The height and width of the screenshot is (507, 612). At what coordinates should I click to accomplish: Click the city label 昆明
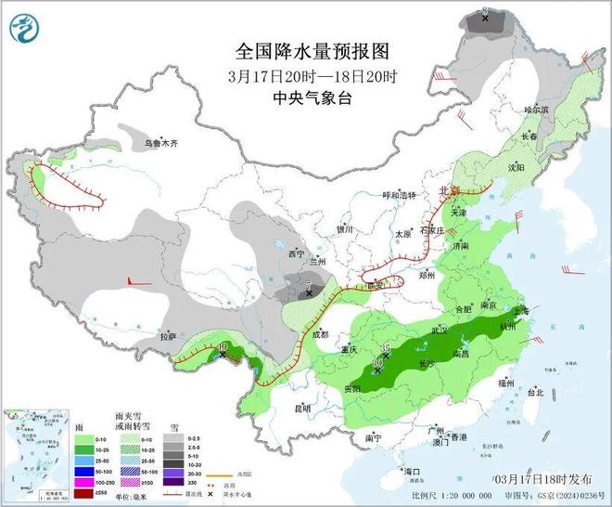point(302,408)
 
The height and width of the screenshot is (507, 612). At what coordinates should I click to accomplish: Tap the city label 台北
point(535,393)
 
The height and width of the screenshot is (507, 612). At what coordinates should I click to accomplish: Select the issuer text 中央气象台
point(305,98)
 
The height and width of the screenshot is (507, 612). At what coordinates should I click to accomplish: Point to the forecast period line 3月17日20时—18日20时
point(305,75)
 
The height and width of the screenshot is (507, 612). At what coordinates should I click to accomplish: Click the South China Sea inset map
point(36,451)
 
